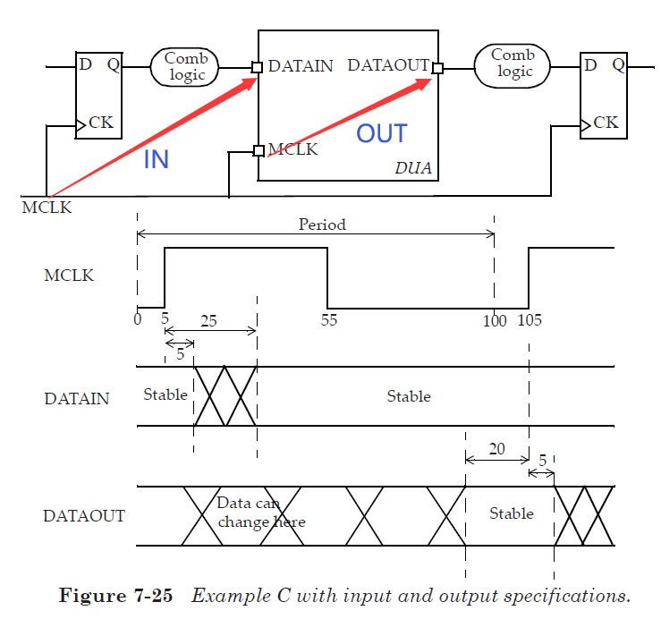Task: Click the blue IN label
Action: [157, 159]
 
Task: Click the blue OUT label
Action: [382, 134]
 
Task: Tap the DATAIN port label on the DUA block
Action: [301, 66]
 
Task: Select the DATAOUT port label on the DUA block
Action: [388, 66]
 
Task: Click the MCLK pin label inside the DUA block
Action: [292, 149]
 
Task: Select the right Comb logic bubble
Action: [514, 64]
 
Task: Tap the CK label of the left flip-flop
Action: [101, 123]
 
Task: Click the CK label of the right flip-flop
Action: [606, 123]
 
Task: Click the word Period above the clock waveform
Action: [322, 225]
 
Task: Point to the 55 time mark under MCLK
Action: [329, 320]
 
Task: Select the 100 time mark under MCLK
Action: [495, 320]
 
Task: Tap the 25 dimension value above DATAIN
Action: [208, 320]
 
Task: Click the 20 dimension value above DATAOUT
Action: [496, 447]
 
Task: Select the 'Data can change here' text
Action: [261, 513]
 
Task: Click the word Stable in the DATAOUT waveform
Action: [512, 513]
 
